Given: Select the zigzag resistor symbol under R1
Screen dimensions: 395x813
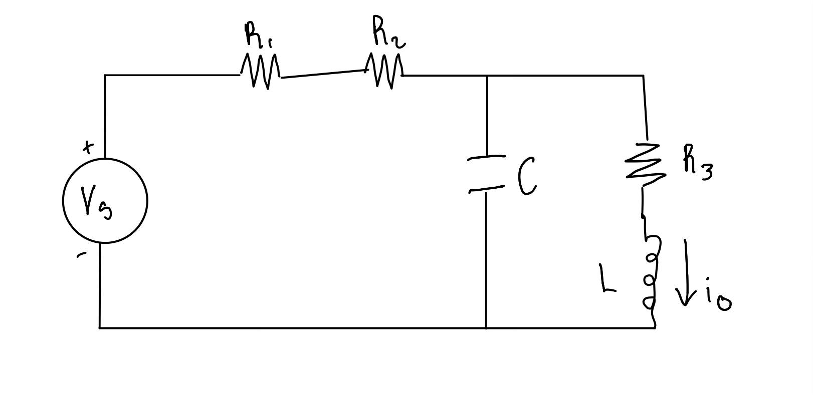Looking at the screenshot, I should click(260, 72).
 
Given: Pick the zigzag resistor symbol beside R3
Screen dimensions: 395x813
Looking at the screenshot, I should click(646, 161).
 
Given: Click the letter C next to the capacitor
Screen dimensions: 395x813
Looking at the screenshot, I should click(526, 176).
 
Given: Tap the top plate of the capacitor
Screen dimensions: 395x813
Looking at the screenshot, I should click(486, 158).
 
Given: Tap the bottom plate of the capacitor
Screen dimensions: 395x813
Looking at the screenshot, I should click(486, 189).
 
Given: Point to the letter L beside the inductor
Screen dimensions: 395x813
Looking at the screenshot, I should click(607, 279).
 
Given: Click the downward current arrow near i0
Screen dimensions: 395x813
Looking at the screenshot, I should click(685, 273).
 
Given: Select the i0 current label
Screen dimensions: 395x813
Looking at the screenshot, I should click(719, 298).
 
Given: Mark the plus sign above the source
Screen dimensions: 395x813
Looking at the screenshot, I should click(88, 147).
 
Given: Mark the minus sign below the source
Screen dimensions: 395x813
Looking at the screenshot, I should click(81, 255).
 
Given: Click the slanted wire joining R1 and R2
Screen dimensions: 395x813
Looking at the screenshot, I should click(322, 74).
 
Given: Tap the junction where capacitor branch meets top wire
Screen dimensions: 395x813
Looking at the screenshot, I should click(487, 76).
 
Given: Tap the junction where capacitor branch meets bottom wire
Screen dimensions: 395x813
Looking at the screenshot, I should click(486, 328).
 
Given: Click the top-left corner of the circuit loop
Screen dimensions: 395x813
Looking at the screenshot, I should click(105, 75).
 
